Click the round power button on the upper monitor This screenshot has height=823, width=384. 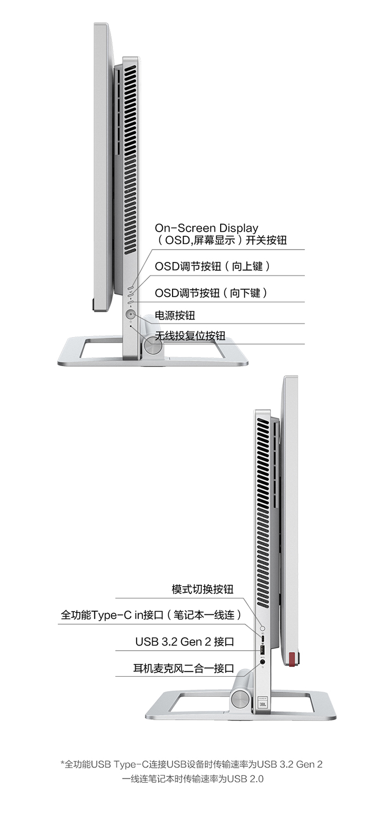(x=131, y=314)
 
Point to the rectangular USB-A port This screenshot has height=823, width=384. (x=263, y=650)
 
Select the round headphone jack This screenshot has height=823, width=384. (x=263, y=661)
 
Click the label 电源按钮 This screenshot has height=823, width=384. (x=175, y=315)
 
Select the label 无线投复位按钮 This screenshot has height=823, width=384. (x=190, y=336)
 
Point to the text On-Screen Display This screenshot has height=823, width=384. (x=206, y=228)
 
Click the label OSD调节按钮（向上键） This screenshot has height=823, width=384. (x=212, y=266)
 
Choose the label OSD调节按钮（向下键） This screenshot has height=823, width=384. (x=211, y=293)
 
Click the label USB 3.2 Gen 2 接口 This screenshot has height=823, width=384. (x=185, y=641)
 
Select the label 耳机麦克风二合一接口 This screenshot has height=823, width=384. (x=183, y=668)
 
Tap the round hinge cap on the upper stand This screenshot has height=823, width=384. (x=152, y=345)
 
